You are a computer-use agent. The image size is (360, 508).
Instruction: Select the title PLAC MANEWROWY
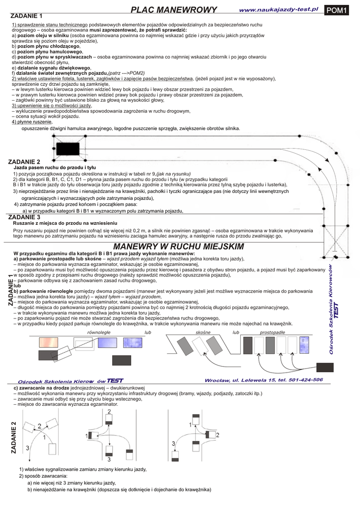pyautogui.click(x=174, y=10)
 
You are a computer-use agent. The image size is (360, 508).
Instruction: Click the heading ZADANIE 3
pyautogui.click(x=25, y=217)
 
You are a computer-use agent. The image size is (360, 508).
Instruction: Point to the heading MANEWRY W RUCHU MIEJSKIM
pyautogui.click(x=178, y=247)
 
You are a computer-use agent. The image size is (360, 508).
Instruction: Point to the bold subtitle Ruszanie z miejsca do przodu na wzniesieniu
pyautogui.click(x=65, y=223)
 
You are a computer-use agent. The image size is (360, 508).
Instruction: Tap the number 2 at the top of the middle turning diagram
pyautogui.click(x=109, y=412)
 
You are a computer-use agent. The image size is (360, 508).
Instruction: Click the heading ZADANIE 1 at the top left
pyautogui.click(x=27, y=16)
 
